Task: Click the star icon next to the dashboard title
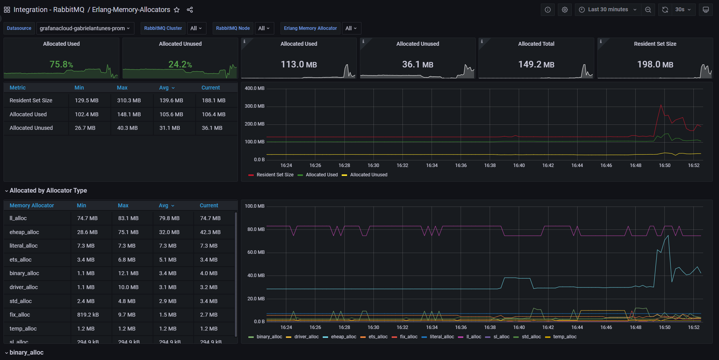177,10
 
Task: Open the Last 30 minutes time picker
608,10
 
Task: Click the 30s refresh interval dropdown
683,10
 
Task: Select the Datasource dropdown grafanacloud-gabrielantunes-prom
85,28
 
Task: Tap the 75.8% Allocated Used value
61,64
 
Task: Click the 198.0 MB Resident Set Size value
655,64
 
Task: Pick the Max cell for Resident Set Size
129,100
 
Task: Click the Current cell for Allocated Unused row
212,128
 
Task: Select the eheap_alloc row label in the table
24,232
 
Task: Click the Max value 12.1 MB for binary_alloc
128,273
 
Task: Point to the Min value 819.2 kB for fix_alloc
88,315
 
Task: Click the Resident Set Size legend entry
275,175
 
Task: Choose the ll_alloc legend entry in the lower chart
473,337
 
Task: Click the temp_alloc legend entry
564,337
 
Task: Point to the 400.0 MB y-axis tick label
255,88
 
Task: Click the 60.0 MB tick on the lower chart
256,252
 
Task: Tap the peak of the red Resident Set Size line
661,105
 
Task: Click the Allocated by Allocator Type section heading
48,191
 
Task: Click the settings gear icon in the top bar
565,10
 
